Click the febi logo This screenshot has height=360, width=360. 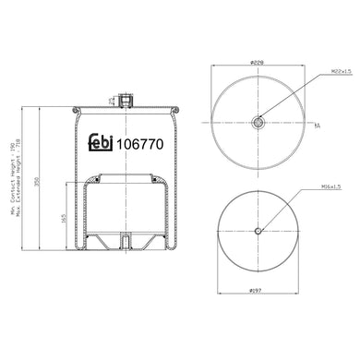click(x=103, y=145)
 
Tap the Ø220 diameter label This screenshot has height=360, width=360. click(x=258, y=63)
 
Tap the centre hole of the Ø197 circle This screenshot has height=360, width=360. click(x=258, y=231)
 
